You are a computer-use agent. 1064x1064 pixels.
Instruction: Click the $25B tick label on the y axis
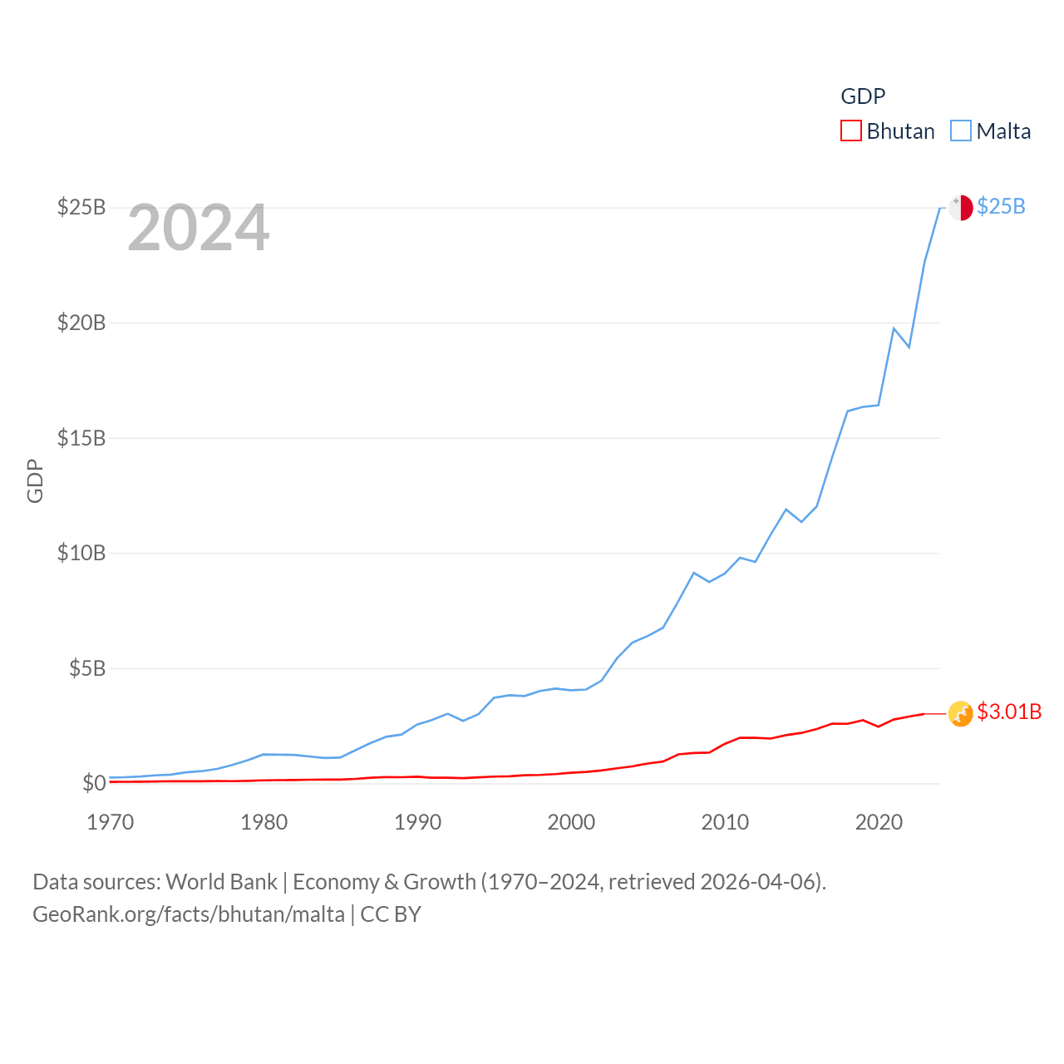pyautogui.click(x=81, y=207)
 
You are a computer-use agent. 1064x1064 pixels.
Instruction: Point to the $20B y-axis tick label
pyautogui.click(x=81, y=323)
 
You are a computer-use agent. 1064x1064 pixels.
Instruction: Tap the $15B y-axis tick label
pyautogui.click(x=81, y=438)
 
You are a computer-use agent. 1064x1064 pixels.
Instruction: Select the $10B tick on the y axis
pyautogui.click(x=81, y=553)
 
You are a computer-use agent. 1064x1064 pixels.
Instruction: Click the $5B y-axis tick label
pyautogui.click(x=87, y=668)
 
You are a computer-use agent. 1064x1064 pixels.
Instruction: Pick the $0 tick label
pyautogui.click(x=94, y=783)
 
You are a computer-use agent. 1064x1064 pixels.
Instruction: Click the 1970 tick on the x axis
pyautogui.click(x=111, y=822)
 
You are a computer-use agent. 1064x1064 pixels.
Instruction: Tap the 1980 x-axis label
pyautogui.click(x=264, y=822)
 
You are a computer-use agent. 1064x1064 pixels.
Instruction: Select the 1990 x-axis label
pyautogui.click(x=418, y=822)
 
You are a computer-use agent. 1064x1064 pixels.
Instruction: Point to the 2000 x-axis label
pyautogui.click(x=572, y=822)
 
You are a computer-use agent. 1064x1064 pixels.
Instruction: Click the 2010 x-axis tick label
pyautogui.click(x=726, y=822)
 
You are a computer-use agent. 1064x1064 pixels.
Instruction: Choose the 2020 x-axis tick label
pyautogui.click(x=879, y=822)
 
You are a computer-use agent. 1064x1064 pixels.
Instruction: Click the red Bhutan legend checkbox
pyautogui.click(x=851, y=131)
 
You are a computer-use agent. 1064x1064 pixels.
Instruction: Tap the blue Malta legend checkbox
pyautogui.click(x=961, y=131)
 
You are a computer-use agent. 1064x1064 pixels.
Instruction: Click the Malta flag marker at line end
pyautogui.click(x=961, y=208)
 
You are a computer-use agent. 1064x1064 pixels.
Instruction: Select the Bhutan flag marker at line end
pyautogui.click(x=961, y=713)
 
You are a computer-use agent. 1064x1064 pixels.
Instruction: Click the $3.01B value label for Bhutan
pyautogui.click(x=1009, y=712)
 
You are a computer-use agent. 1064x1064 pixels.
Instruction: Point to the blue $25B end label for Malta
pyautogui.click(x=1002, y=206)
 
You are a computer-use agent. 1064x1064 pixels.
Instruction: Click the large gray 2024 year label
pyautogui.click(x=199, y=228)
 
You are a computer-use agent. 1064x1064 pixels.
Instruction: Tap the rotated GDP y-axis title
pyautogui.click(x=35, y=480)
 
